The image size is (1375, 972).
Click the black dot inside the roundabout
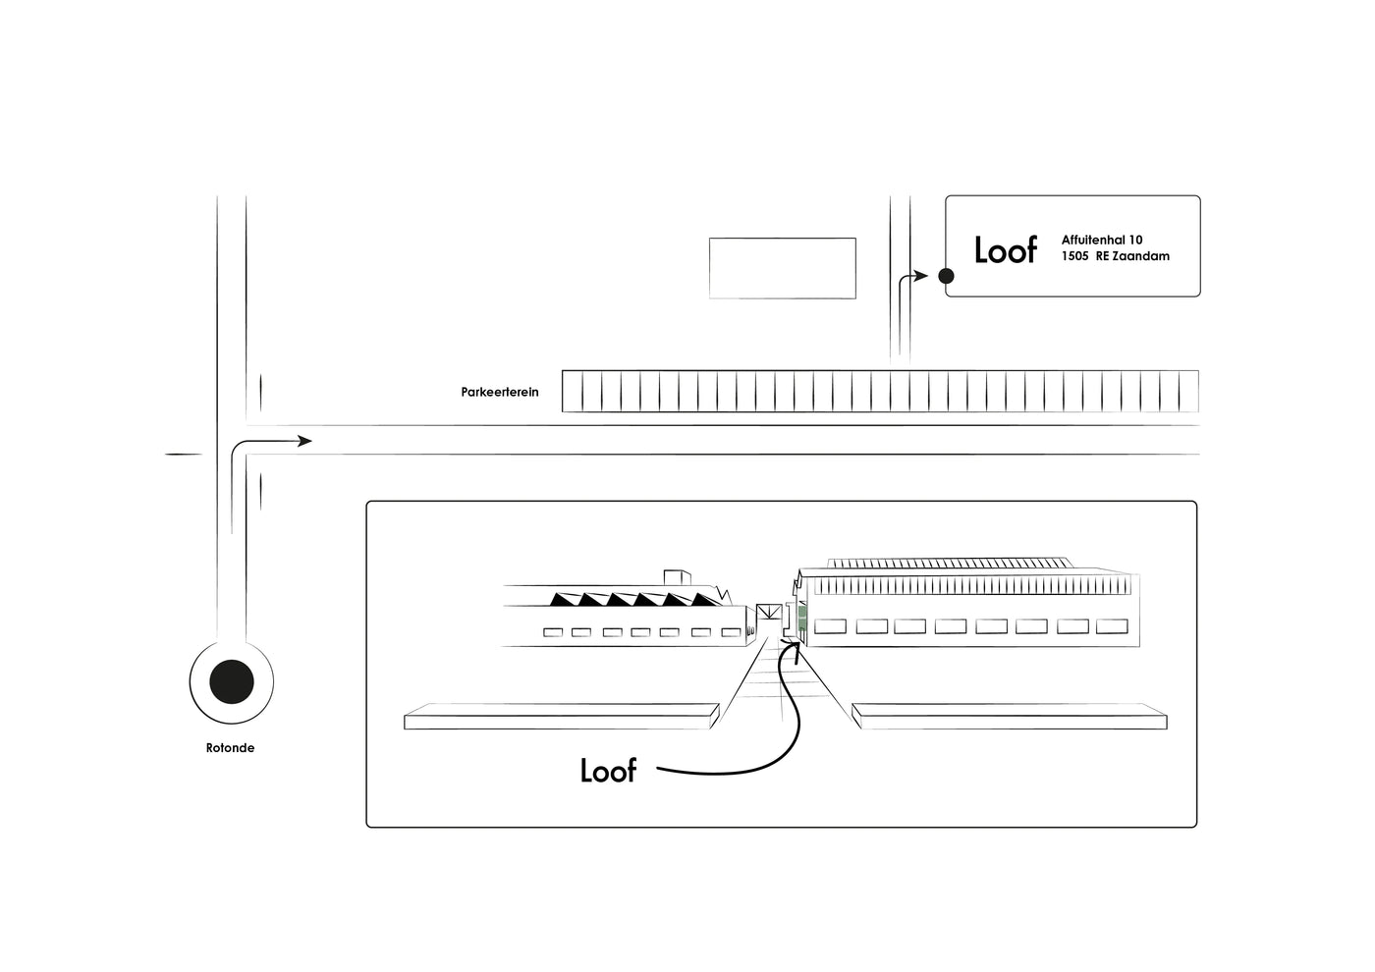point(232,680)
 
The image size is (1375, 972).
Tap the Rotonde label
point(230,748)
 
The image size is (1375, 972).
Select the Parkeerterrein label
point(500,393)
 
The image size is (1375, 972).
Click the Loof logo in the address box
point(1005,250)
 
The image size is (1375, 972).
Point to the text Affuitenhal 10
point(1101,240)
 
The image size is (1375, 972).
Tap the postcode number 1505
point(1074,256)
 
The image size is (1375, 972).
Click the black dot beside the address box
point(946,276)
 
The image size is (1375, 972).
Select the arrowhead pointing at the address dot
point(920,276)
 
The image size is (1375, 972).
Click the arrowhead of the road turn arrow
point(304,441)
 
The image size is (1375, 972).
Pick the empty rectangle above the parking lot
point(782,268)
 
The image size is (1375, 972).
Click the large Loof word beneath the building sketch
point(608,771)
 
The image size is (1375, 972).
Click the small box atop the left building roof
point(678,577)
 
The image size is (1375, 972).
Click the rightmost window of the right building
point(1112,626)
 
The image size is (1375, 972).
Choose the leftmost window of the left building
point(553,632)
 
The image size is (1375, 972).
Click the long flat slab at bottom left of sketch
point(561,717)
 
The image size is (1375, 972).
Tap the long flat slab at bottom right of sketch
point(1010,717)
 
